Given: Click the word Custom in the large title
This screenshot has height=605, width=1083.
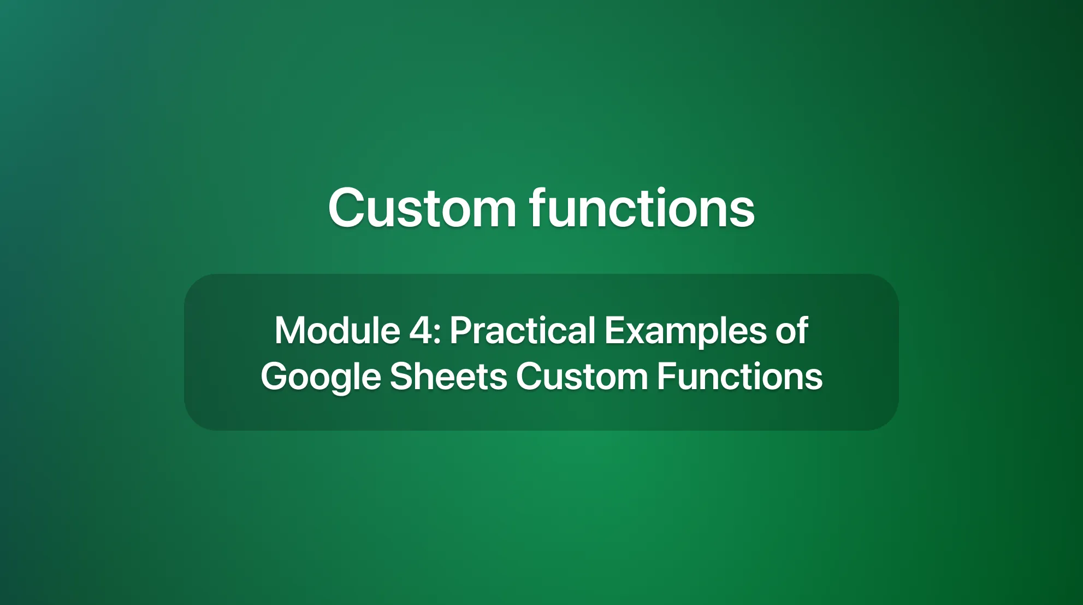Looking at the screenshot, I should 422,208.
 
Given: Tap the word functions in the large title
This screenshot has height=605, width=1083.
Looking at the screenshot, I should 642,208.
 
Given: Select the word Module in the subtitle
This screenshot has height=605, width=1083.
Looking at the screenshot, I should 337,331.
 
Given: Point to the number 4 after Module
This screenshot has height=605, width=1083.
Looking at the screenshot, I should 421,331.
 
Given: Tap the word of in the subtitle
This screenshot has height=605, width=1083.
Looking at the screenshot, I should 791,331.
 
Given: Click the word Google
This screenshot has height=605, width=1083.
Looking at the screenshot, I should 321,378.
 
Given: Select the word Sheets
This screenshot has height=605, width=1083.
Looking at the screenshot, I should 448,377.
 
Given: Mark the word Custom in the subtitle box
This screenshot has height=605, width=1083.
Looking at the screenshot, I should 582,377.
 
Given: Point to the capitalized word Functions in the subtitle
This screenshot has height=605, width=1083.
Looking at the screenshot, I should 739,377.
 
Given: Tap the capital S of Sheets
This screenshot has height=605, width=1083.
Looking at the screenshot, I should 401,377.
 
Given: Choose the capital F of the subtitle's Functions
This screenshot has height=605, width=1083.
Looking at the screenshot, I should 666,377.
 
